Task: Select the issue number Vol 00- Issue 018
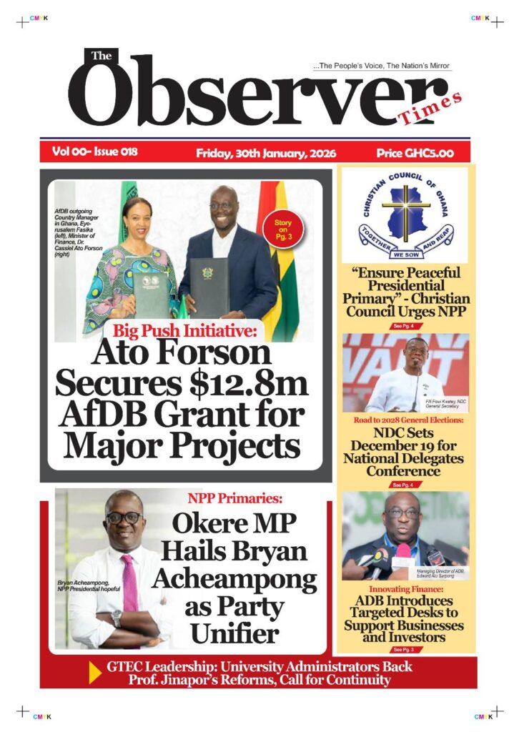pos(94,152)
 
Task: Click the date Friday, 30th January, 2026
pos(266,153)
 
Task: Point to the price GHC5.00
pos(414,153)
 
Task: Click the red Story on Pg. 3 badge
pos(283,229)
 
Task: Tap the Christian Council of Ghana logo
pos(405,214)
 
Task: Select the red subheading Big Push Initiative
pos(187,331)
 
